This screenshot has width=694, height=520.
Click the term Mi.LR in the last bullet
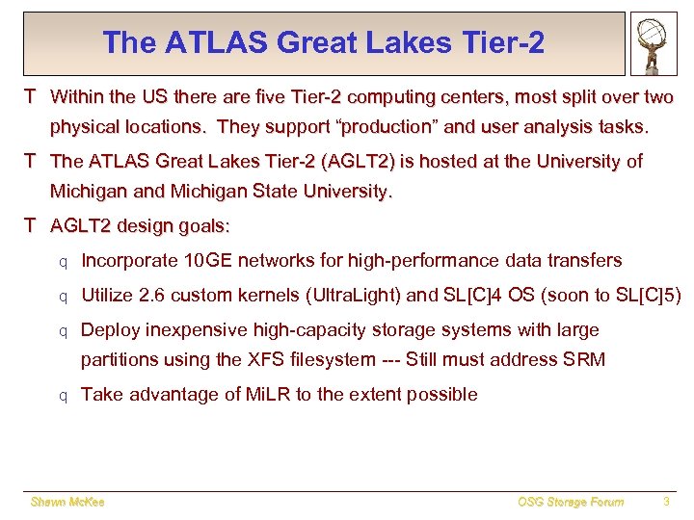click(x=263, y=394)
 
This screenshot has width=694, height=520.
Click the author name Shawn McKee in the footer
click(x=67, y=502)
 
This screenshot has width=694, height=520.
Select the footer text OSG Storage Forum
click(x=570, y=502)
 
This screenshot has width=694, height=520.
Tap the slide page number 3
click(x=666, y=502)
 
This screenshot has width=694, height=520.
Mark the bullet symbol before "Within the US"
click(x=31, y=97)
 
